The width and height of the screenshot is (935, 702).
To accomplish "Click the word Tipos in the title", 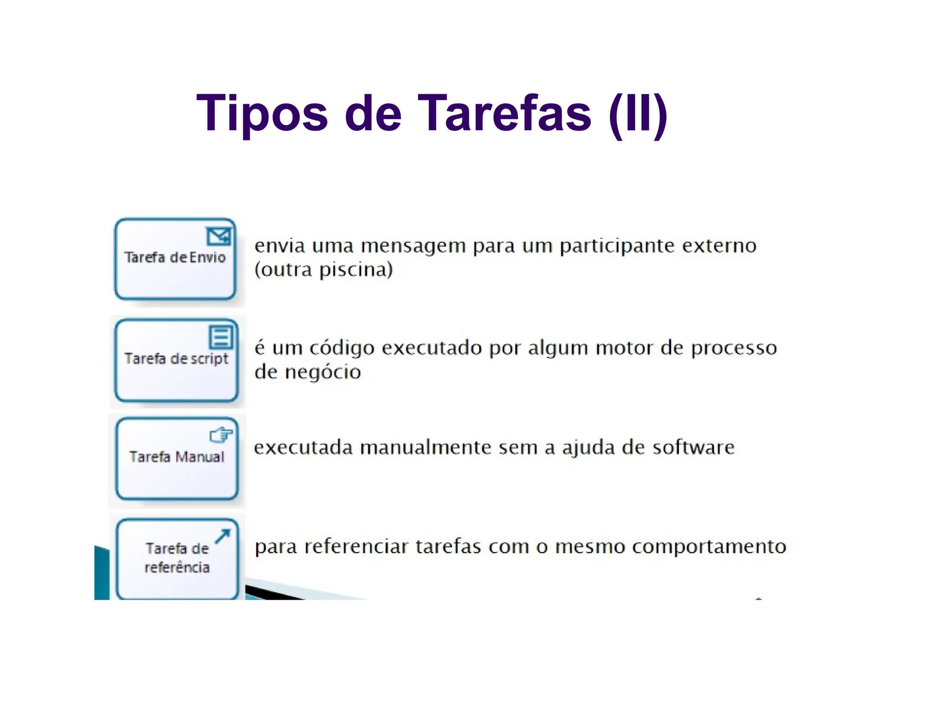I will [262, 113].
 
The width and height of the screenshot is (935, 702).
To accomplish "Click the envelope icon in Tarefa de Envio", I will [219, 236].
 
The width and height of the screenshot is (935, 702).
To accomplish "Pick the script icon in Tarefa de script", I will [221, 337].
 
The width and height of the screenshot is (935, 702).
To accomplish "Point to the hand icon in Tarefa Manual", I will [221, 435].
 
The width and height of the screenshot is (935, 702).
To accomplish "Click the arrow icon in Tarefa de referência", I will [223, 536].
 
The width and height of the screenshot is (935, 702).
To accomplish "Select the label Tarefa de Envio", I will [175, 257].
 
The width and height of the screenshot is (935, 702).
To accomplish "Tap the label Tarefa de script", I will [176, 358].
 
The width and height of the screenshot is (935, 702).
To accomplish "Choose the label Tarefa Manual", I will [177, 457].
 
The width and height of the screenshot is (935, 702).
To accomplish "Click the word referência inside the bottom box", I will [177, 567].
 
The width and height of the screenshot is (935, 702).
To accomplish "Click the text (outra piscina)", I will [323, 270].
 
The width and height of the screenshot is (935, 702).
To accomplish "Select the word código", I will [342, 349].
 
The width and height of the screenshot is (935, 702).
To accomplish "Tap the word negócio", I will [323, 372].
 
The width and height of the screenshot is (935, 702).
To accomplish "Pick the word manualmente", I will [425, 447].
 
